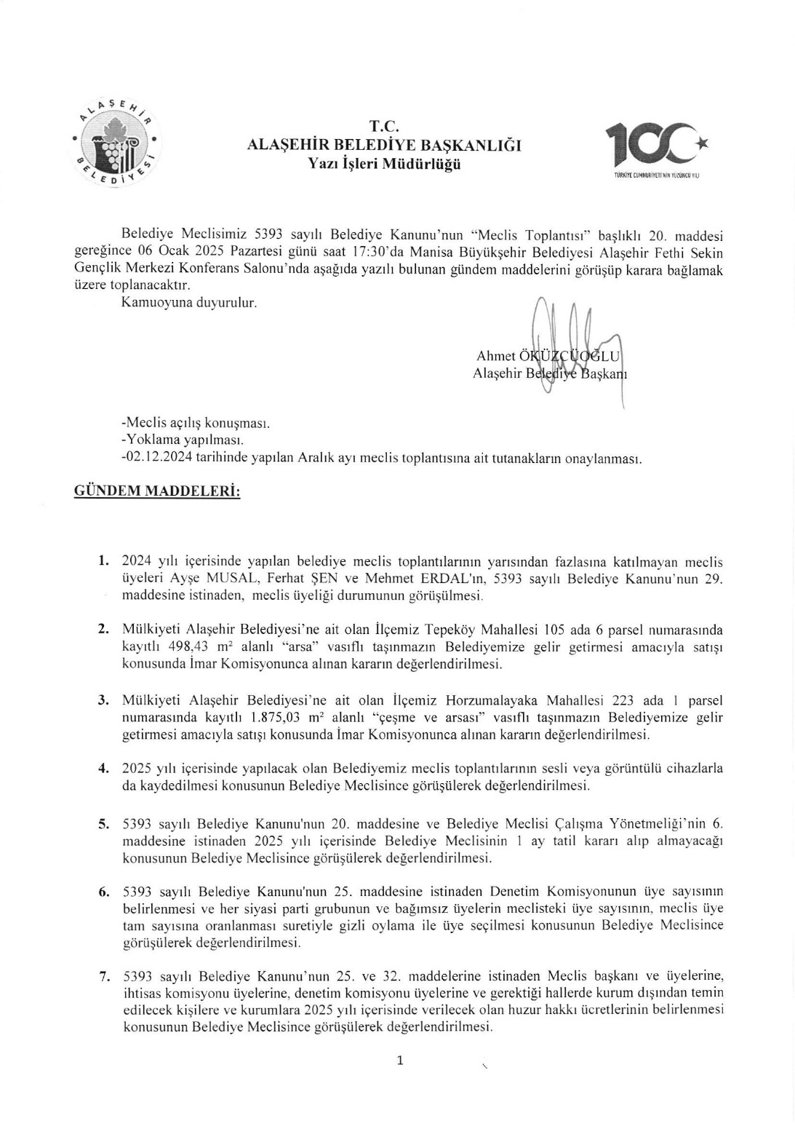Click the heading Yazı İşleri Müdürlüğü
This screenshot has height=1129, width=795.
pyautogui.click(x=384, y=163)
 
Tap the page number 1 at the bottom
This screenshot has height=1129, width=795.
pyautogui.click(x=400, y=1061)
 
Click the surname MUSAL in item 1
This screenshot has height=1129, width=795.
pyautogui.click(x=268, y=579)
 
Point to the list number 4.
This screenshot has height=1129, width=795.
pyautogui.click(x=104, y=768)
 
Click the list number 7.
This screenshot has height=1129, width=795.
pyautogui.click(x=104, y=976)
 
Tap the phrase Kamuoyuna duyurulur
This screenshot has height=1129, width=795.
pyautogui.click(x=189, y=302)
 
